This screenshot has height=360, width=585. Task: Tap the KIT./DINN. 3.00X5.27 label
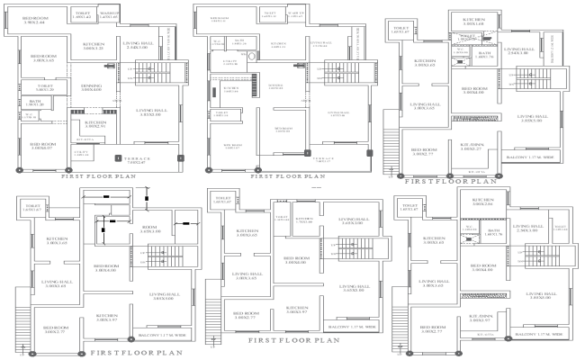473,148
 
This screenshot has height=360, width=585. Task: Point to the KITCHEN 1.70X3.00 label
303,219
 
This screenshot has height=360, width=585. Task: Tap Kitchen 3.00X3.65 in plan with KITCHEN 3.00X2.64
422,240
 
